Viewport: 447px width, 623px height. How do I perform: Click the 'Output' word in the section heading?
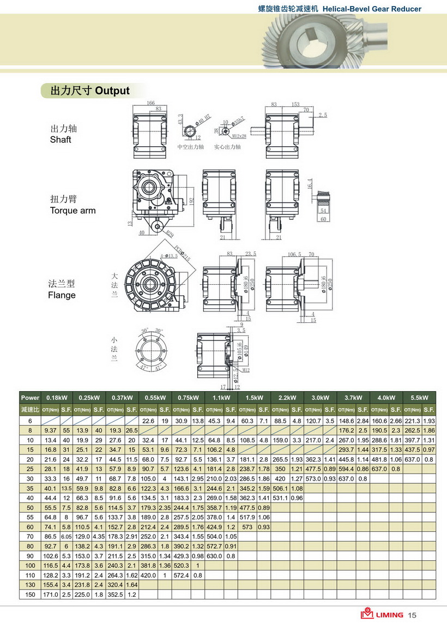click(112, 91)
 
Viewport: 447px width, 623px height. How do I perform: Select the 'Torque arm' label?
click(73, 211)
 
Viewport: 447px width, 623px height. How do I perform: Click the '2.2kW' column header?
click(287, 398)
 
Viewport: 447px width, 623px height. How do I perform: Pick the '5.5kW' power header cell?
click(419, 398)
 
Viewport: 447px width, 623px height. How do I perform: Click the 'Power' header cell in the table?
click(30, 398)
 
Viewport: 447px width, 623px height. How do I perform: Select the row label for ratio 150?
click(30, 594)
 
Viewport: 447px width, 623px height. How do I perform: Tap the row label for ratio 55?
click(30, 517)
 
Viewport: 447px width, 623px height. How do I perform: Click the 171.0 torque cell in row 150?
click(51, 594)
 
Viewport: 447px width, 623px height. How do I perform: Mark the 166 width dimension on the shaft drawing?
click(151, 103)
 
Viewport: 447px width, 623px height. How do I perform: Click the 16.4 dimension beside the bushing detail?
click(310, 183)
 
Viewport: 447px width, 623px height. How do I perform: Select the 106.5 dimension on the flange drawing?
click(294, 254)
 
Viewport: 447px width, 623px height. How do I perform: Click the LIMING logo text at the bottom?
click(389, 615)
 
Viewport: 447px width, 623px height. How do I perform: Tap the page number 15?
click(412, 615)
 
